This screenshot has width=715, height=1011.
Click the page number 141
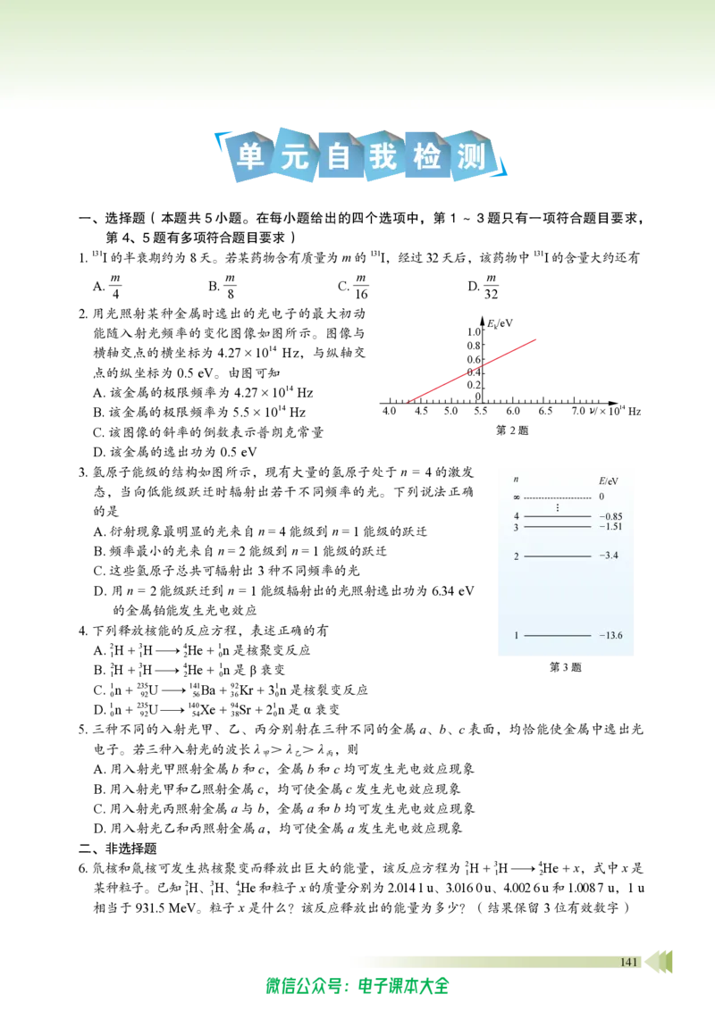(628, 962)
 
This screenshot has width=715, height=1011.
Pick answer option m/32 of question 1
(491, 287)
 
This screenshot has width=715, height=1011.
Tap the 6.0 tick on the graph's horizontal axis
(512, 411)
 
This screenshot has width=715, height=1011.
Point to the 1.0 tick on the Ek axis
(473, 331)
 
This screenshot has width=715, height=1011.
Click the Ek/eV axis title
(500, 322)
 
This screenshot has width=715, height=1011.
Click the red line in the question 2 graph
(471, 371)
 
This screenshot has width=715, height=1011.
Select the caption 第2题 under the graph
(512, 430)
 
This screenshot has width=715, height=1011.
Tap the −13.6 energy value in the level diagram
(610, 635)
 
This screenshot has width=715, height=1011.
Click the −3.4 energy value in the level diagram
(609, 556)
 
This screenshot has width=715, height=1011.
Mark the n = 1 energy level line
(558, 636)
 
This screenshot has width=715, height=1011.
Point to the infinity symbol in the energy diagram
(517, 497)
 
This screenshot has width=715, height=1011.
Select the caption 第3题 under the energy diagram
(565, 667)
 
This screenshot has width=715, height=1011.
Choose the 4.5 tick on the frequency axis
(421, 411)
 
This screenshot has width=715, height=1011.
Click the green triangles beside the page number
(659, 961)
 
